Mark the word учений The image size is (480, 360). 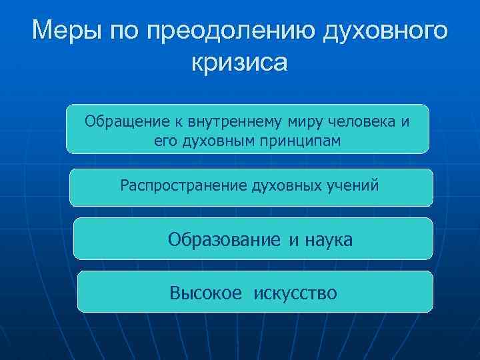coord(353,185)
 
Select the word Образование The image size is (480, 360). coord(225,239)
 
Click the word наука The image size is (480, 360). coord(329,239)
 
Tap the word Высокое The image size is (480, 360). coord(205,292)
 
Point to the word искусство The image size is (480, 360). coord(295,292)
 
